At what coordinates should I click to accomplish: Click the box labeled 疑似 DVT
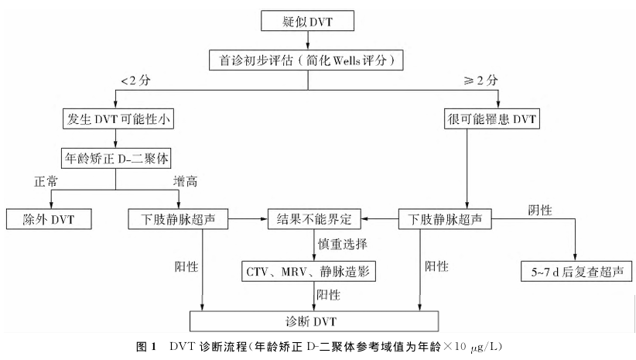[307, 21]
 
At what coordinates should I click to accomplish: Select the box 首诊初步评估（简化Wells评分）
[306, 60]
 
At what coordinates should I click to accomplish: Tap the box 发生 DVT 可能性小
[118, 119]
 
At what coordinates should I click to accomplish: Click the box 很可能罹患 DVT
[492, 119]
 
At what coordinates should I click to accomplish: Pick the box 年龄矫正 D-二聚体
[116, 158]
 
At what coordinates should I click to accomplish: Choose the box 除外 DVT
[49, 219]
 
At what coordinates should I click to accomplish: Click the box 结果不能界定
[314, 219]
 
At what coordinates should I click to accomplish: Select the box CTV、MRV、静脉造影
[308, 271]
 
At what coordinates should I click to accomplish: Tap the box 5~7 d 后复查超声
[576, 271]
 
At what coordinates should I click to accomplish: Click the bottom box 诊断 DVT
[314, 321]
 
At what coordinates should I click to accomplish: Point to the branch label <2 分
[136, 81]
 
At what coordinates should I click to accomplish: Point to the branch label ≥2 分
[480, 81]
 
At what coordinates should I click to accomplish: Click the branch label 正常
[46, 181]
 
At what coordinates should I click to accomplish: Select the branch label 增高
[186, 181]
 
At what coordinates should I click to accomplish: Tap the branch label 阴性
[540, 210]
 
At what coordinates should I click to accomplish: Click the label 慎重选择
[343, 244]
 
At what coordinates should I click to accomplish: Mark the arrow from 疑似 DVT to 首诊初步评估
[308, 40]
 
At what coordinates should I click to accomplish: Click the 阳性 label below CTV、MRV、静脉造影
[329, 294]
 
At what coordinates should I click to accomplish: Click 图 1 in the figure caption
[146, 347]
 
